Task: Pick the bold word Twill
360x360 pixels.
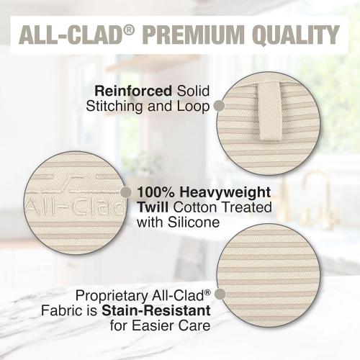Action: click(153, 207)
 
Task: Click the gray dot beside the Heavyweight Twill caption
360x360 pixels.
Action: click(125, 193)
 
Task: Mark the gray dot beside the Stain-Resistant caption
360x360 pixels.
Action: click(220, 294)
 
